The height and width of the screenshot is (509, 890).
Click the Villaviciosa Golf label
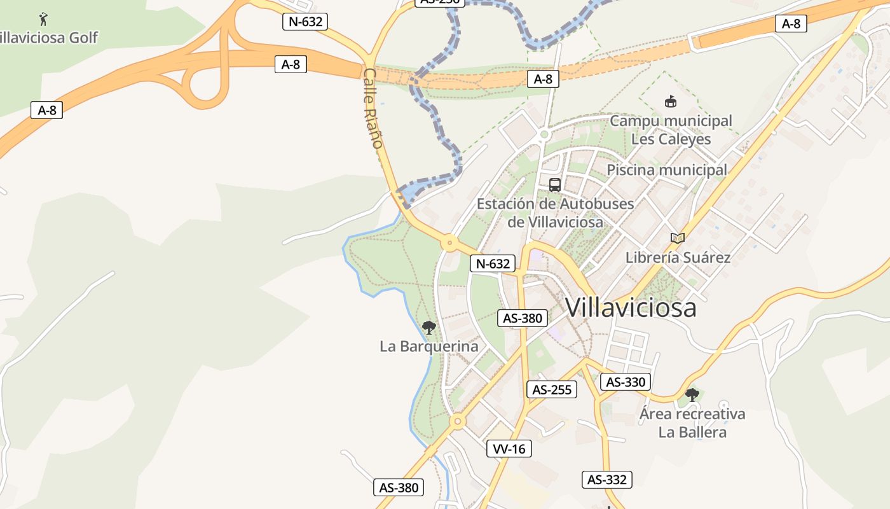pos(48,38)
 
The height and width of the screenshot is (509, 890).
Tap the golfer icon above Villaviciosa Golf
pos(43,18)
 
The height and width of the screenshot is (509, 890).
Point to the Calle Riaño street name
pos(373,109)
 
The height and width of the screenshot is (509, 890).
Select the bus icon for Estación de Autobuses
pos(555,185)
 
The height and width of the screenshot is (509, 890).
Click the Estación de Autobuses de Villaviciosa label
pos(555,213)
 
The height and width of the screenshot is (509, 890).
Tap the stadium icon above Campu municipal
pos(670,101)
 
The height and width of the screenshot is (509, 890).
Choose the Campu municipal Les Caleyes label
pos(671,130)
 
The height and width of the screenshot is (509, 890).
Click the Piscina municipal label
pos(666,170)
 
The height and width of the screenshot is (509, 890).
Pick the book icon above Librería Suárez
pos(678,239)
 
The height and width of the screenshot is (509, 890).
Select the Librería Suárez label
pos(678,258)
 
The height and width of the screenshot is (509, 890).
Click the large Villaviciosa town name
pos(631,308)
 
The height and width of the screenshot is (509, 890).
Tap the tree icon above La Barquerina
pos(429,328)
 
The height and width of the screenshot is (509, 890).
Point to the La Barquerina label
pos(428,347)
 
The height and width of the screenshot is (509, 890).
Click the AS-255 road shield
pos(552,389)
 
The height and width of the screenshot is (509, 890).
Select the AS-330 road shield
pos(626,382)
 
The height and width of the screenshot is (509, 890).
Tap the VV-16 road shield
pos(509,449)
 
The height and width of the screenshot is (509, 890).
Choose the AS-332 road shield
pos(607,480)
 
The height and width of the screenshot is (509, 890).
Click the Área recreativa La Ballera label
pos(692,423)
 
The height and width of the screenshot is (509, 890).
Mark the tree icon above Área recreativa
pos(692,395)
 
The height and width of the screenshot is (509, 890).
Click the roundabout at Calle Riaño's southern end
pos(450,242)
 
